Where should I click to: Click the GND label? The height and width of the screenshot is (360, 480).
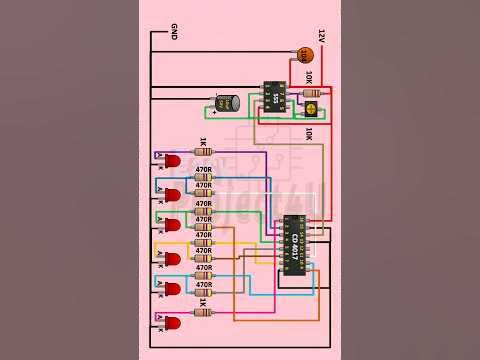174,31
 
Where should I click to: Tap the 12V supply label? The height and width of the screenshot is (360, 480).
321,35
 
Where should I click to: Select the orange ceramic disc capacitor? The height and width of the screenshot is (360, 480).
304,55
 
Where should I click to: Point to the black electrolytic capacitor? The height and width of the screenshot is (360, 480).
227,102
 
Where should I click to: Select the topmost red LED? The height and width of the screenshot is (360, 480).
171,160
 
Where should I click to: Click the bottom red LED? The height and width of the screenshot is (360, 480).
171,322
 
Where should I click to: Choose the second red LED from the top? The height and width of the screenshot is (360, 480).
171,193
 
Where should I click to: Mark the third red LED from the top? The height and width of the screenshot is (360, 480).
171,225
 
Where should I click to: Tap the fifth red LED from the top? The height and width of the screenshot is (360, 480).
171,289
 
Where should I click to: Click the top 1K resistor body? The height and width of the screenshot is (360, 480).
203,152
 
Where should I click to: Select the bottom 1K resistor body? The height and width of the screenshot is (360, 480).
203,312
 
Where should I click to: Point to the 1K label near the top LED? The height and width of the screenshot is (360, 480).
203,141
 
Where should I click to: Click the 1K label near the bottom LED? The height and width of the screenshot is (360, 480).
203,301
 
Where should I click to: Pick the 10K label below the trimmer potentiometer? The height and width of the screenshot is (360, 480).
309,132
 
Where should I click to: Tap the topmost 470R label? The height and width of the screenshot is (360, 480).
203,170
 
